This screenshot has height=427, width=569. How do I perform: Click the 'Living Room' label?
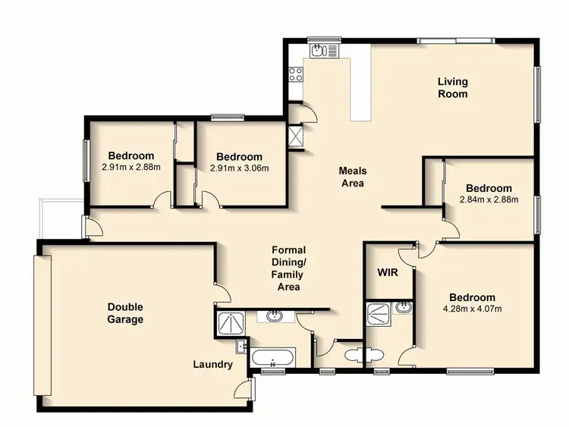[452, 88]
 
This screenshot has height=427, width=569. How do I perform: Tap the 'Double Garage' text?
[125, 313]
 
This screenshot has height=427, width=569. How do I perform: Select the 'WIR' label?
[388, 272]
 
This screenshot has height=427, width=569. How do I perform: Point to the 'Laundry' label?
[212, 365]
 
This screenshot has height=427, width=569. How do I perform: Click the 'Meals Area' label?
[352, 177]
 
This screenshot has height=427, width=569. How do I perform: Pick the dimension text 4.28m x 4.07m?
[472, 309]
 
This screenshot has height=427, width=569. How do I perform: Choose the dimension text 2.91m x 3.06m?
[240, 168]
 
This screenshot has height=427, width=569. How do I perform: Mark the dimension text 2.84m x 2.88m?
[489, 200]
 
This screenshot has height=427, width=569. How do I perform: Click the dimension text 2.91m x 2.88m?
[130, 167]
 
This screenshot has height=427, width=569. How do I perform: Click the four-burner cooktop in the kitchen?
[294, 75]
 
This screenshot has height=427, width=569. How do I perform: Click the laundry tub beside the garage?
[240, 348]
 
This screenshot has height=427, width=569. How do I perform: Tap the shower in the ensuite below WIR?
[377, 313]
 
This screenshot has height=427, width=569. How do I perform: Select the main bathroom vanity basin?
[273, 316]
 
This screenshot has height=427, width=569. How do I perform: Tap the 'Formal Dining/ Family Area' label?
[288, 268]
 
